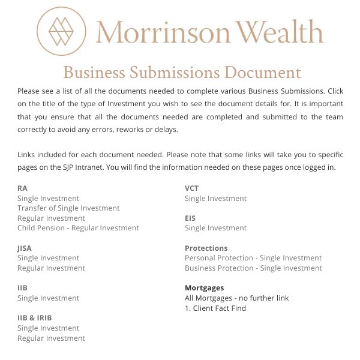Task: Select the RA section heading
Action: [22, 188]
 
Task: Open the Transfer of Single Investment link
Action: [68, 208]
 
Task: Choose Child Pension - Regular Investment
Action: [78, 228]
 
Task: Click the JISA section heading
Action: [25, 248]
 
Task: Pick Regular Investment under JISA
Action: [51, 268]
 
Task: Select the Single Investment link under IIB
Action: [48, 298]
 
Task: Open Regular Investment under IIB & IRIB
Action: [51, 338]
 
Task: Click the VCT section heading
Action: [191, 188]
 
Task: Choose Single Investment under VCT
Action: [215, 199]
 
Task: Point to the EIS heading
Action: [190, 218]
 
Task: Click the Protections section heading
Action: [206, 248]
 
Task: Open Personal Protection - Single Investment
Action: [253, 258]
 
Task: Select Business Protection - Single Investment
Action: [253, 268]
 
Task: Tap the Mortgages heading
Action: [204, 288]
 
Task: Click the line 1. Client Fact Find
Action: [215, 308]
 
